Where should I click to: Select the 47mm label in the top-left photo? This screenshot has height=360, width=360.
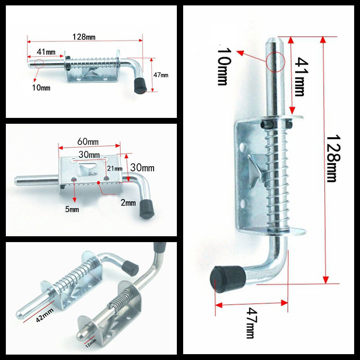coord(161,75)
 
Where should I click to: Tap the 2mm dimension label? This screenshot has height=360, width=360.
coord(128,203)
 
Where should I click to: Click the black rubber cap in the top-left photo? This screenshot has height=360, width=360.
coord(141,85)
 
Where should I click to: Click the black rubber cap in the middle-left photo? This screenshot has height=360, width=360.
coord(147,208)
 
